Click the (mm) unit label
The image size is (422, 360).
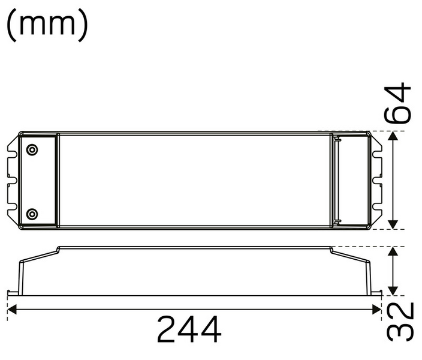click(x=47, y=25)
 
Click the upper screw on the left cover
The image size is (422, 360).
click(x=32, y=150)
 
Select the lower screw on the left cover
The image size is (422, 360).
click(x=32, y=213)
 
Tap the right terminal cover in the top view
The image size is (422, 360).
click(x=354, y=180)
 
